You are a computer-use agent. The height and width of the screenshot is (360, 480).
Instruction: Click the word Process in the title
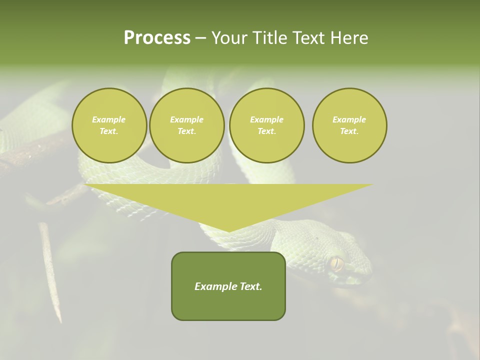pyautogui.click(x=157, y=38)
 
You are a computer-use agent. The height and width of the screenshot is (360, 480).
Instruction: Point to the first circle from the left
pyautogui.click(x=109, y=125)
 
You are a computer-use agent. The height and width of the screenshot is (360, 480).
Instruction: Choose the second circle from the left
pyautogui.click(x=186, y=125)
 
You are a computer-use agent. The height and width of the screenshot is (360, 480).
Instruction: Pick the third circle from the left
pyautogui.click(x=266, y=125)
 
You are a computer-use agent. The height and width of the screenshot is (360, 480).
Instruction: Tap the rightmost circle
pyautogui.click(x=349, y=125)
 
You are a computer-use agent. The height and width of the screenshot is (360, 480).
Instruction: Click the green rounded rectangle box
pyautogui.click(x=228, y=286)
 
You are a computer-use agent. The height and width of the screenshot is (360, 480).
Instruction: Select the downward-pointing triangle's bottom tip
pyautogui.click(x=229, y=230)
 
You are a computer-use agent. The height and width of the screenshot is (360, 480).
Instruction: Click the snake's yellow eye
pyautogui.click(x=336, y=263)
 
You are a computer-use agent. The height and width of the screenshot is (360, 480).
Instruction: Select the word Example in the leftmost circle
pyautogui.click(x=109, y=119)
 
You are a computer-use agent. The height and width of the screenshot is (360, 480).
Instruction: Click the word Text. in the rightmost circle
pyautogui.click(x=349, y=131)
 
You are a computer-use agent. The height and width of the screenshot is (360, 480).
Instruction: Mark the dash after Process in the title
pyautogui.click(x=200, y=38)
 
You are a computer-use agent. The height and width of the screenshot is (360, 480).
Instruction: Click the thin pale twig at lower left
pyautogui.click(x=50, y=270)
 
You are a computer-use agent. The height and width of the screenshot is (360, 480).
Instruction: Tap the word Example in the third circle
pyautogui.click(x=266, y=119)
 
